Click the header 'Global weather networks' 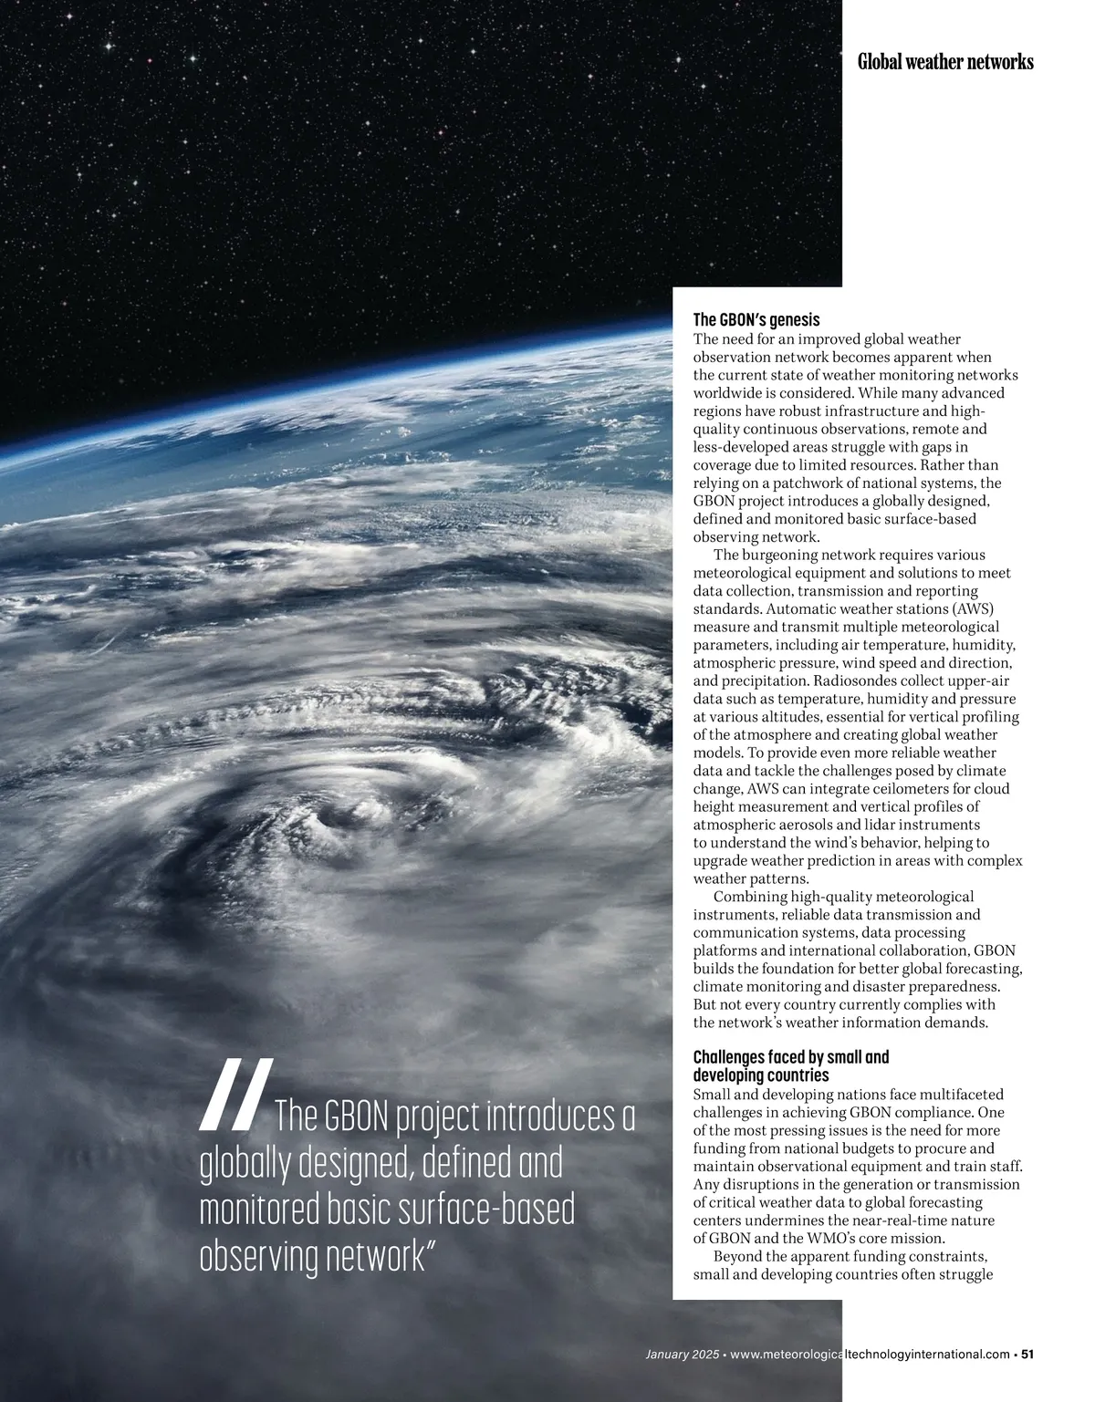click(x=945, y=62)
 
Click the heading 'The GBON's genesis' click(x=756, y=320)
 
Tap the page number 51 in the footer click(x=1027, y=1354)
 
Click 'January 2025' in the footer click(x=681, y=1354)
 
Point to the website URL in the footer click(x=871, y=1354)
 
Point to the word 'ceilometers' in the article click(x=891, y=789)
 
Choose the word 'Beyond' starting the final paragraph click(x=736, y=1256)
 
